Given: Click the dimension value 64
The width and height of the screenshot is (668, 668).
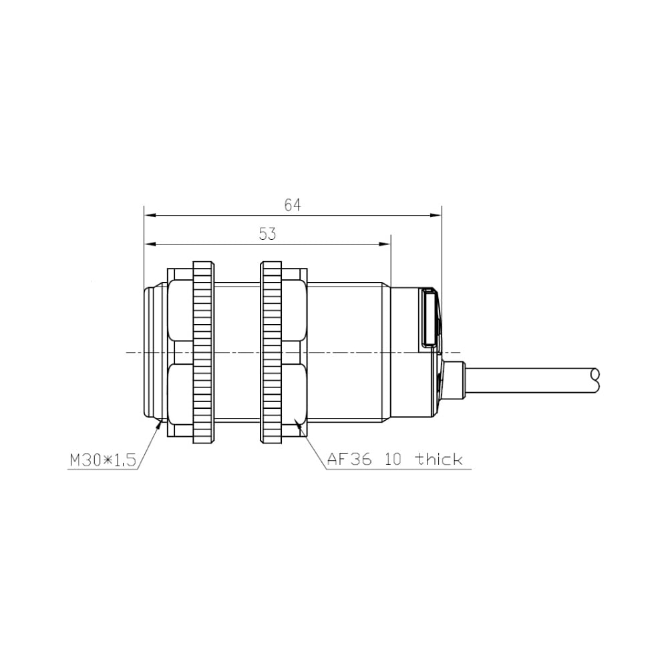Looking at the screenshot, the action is point(293,205).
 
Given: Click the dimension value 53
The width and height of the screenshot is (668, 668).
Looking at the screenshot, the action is point(268,234).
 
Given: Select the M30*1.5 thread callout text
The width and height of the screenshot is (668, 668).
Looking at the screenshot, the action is point(103,460).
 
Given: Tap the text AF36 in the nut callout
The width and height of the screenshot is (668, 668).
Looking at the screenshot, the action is point(349,460).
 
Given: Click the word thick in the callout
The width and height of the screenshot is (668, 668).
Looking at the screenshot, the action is point(440,459).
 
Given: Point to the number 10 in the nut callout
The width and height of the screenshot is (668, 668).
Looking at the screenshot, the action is point(393,460).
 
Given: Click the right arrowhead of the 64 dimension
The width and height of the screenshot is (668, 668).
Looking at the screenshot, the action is point(436,216).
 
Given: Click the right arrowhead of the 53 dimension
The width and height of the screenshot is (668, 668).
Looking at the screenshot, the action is point(385,244).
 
